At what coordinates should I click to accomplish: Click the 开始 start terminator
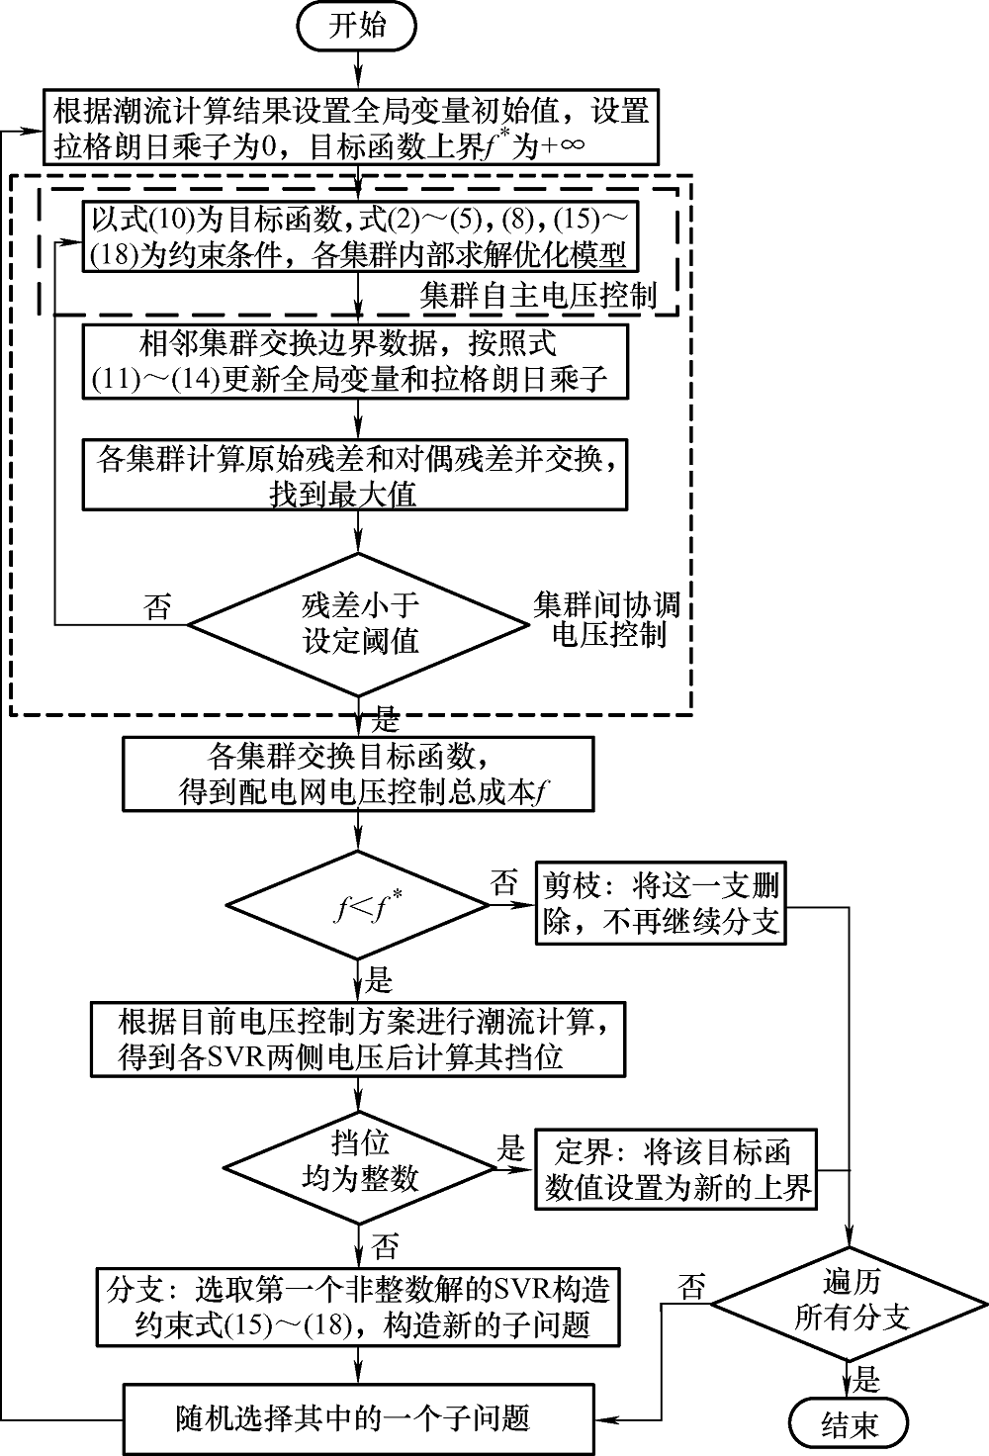pyautogui.click(x=357, y=27)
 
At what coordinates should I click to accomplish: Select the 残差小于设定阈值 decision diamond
pyautogui.click(x=359, y=624)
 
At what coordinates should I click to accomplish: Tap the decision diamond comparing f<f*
pyautogui.click(x=359, y=904)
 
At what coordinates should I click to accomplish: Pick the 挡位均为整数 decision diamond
pyautogui.click(x=359, y=1163)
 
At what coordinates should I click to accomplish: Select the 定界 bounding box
pyautogui.click(x=676, y=1168)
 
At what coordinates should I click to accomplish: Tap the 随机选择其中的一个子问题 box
pyautogui.click(x=359, y=1417)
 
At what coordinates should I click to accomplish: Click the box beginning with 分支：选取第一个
pyautogui.click(x=359, y=1307)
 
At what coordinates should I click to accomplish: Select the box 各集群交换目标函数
pyautogui.click(x=359, y=774)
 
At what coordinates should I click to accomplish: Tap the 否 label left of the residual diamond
pyautogui.click(x=157, y=605)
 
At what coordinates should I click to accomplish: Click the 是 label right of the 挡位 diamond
pyautogui.click(x=510, y=1147)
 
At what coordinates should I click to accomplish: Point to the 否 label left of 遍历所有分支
pyautogui.click(x=691, y=1287)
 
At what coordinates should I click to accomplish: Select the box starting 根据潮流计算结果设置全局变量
pyautogui.click(x=350, y=128)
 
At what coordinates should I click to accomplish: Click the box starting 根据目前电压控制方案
pyautogui.click(x=359, y=1039)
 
